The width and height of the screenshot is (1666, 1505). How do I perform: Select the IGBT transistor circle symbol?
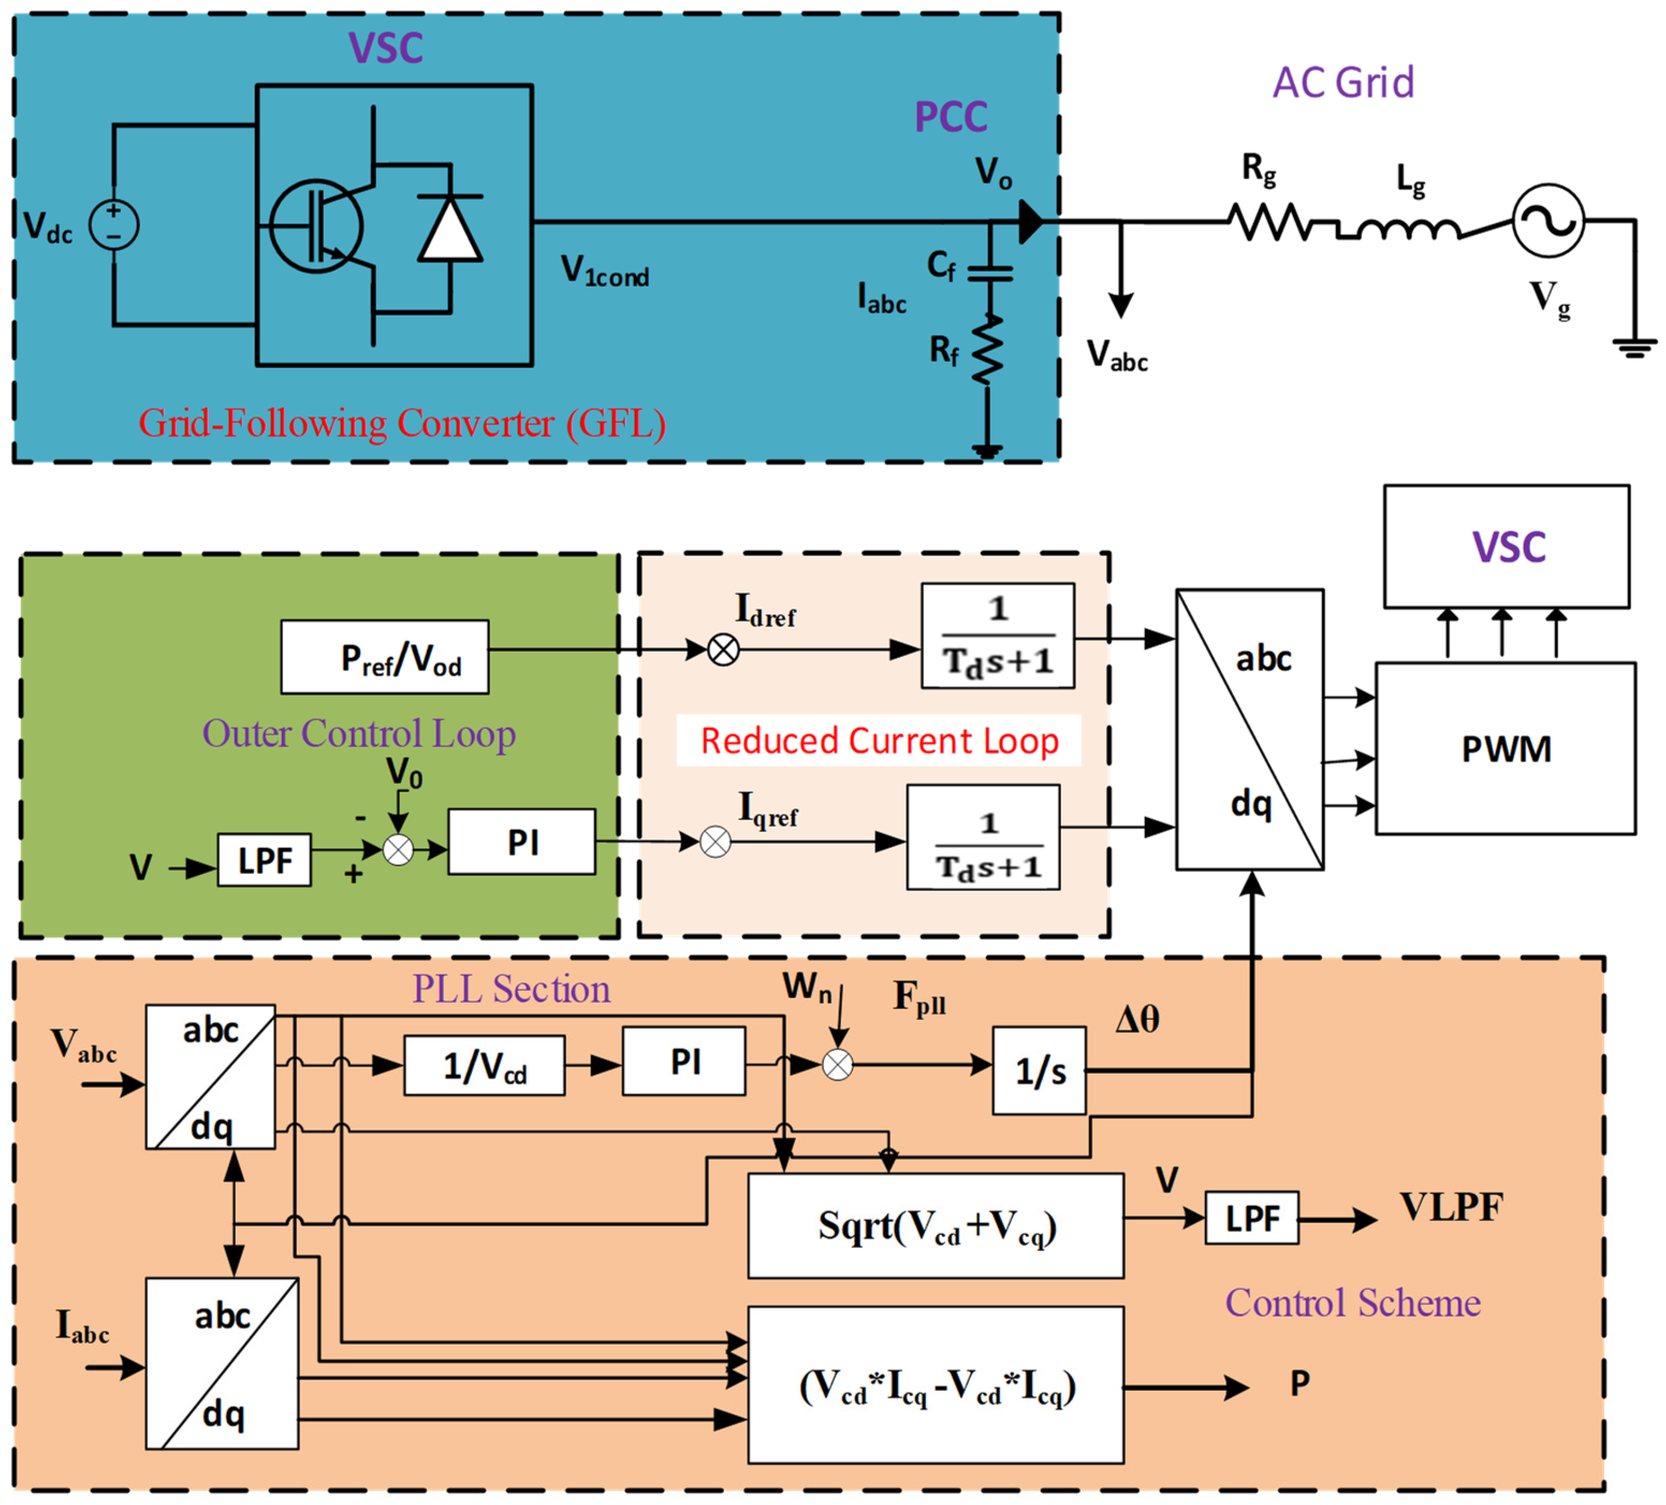316,225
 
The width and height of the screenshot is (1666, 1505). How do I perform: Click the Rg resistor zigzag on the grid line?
1268,221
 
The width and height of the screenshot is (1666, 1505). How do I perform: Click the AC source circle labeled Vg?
1548,221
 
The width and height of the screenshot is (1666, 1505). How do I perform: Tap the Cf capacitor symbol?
989,273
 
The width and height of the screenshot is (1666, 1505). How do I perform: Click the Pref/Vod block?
385,657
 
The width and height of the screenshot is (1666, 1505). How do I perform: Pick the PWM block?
1505,748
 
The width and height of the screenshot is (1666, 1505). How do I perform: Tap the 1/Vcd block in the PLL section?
484,1066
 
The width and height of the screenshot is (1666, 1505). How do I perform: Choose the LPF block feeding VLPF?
1251,1217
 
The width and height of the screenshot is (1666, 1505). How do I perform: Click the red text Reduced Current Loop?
879,741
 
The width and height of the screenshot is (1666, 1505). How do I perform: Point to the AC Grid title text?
1343,83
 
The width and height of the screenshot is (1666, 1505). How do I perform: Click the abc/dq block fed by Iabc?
221,1363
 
